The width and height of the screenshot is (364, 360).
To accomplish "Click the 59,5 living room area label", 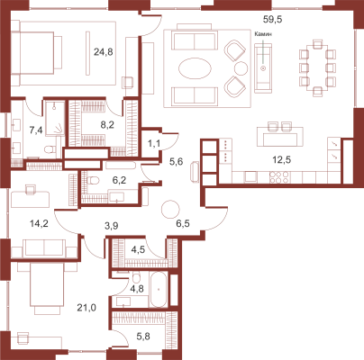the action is [x=273, y=20].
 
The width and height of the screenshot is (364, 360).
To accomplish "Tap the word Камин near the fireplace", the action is [x=263, y=34].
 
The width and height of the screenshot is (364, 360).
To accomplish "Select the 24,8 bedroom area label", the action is [x=104, y=52].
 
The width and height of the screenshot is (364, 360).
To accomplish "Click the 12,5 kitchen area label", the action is [x=281, y=160].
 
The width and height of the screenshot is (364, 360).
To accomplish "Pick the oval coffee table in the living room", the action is [x=195, y=68].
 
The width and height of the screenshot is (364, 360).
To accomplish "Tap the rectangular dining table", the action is [x=317, y=68].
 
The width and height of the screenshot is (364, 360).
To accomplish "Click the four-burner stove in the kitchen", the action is [x=279, y=176].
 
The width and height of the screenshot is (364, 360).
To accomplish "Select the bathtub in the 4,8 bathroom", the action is [x=159, y=290].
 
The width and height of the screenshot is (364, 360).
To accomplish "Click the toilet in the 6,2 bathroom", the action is [x=93, y=181].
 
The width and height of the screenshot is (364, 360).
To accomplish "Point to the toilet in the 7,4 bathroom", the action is [x=49, y=148].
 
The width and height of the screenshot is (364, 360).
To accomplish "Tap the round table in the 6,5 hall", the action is [x=170, y=209].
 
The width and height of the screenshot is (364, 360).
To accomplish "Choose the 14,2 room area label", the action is [x=40, y=223].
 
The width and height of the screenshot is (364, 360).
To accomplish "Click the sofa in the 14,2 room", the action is [x=44, y=248].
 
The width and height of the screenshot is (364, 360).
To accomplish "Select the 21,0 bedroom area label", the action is [x=86, y=308].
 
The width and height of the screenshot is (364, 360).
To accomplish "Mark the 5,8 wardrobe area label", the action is [x=143, y=337].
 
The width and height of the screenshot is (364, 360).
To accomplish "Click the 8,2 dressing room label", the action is [x=107, y=125].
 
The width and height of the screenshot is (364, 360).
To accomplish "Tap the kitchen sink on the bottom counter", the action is [x=250, y=176].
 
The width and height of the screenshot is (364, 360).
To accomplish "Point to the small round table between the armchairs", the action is [x=241, y=68].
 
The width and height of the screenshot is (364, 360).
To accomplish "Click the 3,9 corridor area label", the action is [x=111, y=226].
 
